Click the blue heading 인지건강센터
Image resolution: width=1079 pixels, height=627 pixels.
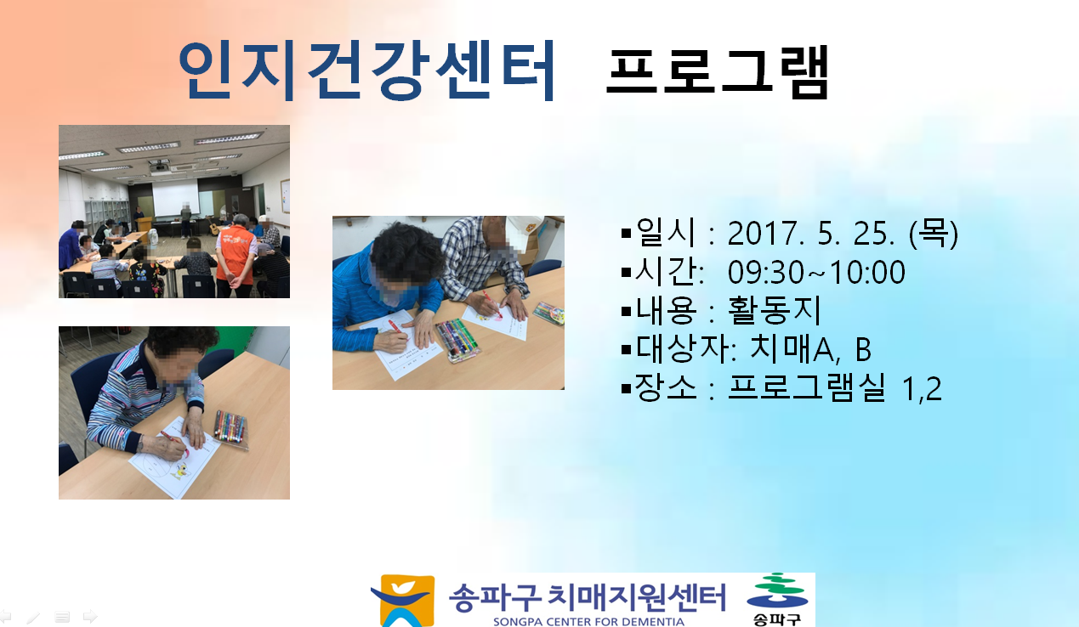367,71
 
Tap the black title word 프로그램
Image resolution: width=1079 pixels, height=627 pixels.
718,72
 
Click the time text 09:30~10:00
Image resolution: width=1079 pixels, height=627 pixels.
816,273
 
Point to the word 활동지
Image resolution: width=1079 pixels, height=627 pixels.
774,310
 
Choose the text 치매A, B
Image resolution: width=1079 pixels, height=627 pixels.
810,349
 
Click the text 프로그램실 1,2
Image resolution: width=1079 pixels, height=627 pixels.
834,387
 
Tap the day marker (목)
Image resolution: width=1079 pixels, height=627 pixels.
934,234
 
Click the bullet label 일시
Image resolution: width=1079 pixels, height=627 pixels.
666,233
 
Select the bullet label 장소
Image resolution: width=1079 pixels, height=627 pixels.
666,387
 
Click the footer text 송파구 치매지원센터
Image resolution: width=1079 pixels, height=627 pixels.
588,598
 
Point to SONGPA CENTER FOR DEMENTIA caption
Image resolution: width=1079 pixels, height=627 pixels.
588,622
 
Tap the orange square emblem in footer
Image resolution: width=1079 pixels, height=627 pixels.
405,601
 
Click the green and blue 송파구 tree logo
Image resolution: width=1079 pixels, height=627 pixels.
777,600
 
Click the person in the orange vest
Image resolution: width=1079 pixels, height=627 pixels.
236,256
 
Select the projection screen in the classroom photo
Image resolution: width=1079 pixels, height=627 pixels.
176,198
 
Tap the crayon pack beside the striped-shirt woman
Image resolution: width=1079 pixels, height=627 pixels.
230,428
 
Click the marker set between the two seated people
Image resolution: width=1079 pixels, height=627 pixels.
457,340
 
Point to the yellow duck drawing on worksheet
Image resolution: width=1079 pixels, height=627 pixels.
180,471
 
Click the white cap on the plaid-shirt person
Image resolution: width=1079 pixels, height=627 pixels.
524,233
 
